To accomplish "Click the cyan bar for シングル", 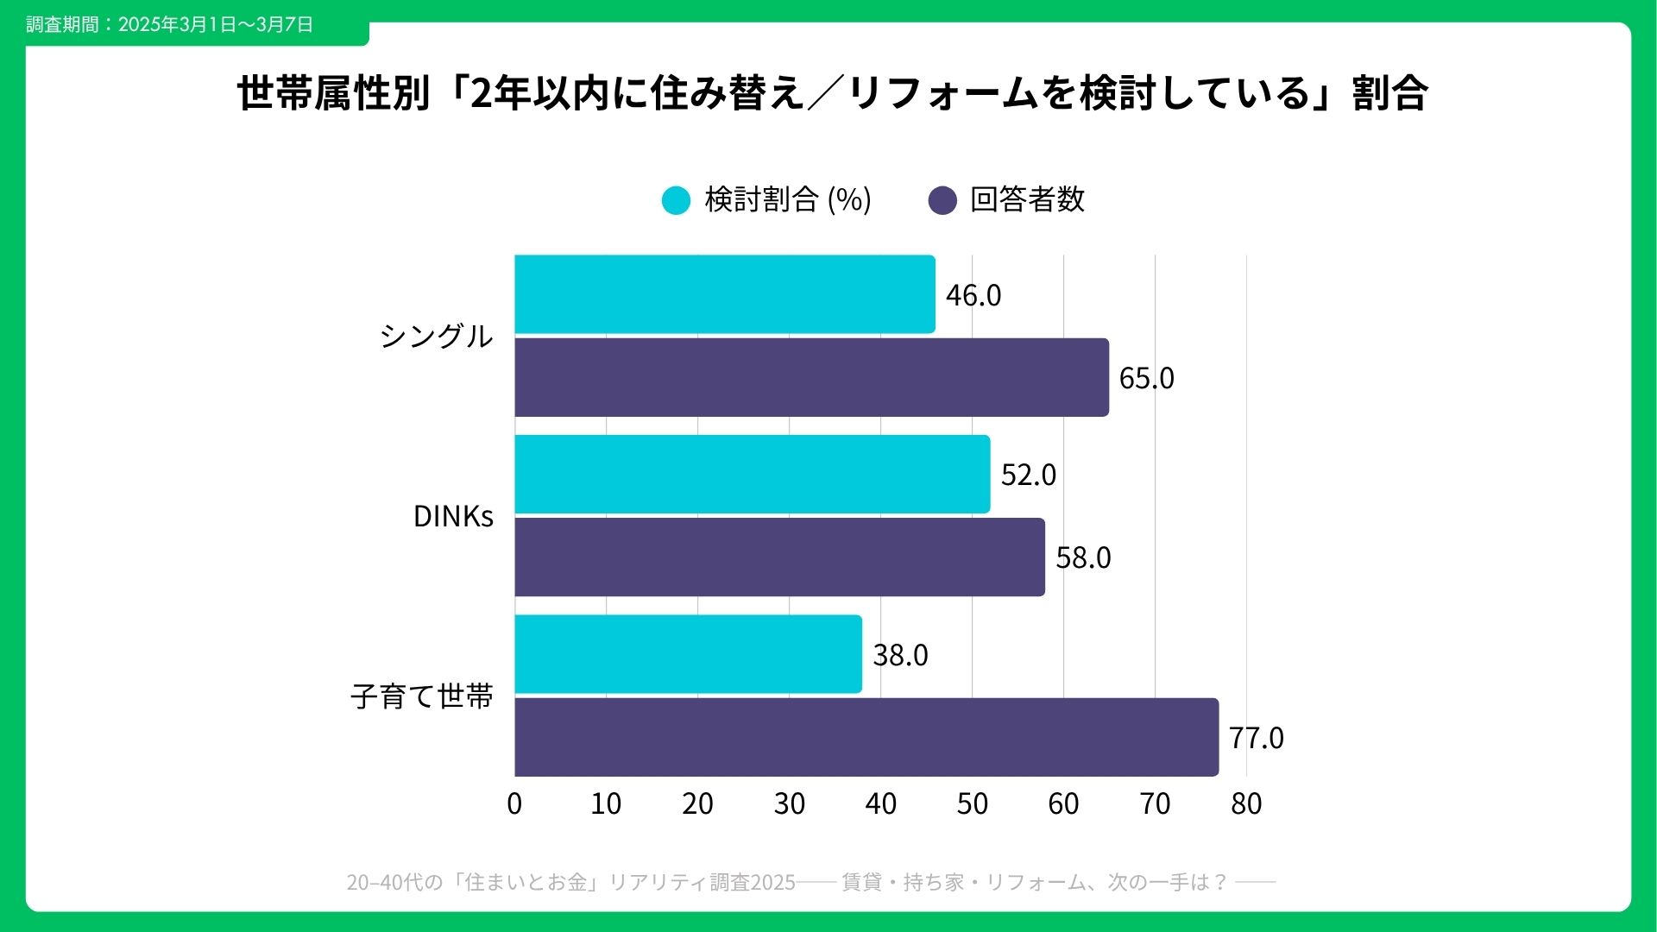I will pyautogui.click(x=725, y=294).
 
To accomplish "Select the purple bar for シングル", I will pyautogui.click(x=811, y=377).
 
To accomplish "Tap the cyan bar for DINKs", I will pyautogui.click(x=753, y=474).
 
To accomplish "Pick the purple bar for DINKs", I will pyautogui.click(x=779, y=557).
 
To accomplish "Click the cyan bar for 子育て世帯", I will pyautogui.click(x=688, y=654).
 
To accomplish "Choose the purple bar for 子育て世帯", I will pyautogui.click(x=866, y=737).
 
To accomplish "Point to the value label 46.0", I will pyautogui.click(x=973, y=295).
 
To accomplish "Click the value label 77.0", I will pyautogui.click(x=1256, y=738).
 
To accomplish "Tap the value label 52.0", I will pyautogui.click(x=1028, y=475).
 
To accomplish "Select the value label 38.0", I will pyautogui.click(x=900, y=655).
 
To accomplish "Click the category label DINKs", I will pyautogui.click(x=453, y=516).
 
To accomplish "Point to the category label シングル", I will pyautogui.click(x=436, y=336).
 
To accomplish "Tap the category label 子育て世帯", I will pyautogui.click(x=422, y=696).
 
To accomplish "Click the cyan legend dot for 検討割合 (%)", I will pyautogui.click(x=676, y=200).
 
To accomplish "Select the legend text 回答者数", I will pyautogui.click(x=1027, y=199).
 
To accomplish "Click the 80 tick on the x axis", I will pyautogui.click(x=1246, y=803).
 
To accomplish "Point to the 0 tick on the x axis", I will pyautogui.click(x=514, y=803).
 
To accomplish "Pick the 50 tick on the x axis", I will pyautogui.click(x=972, y=803).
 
